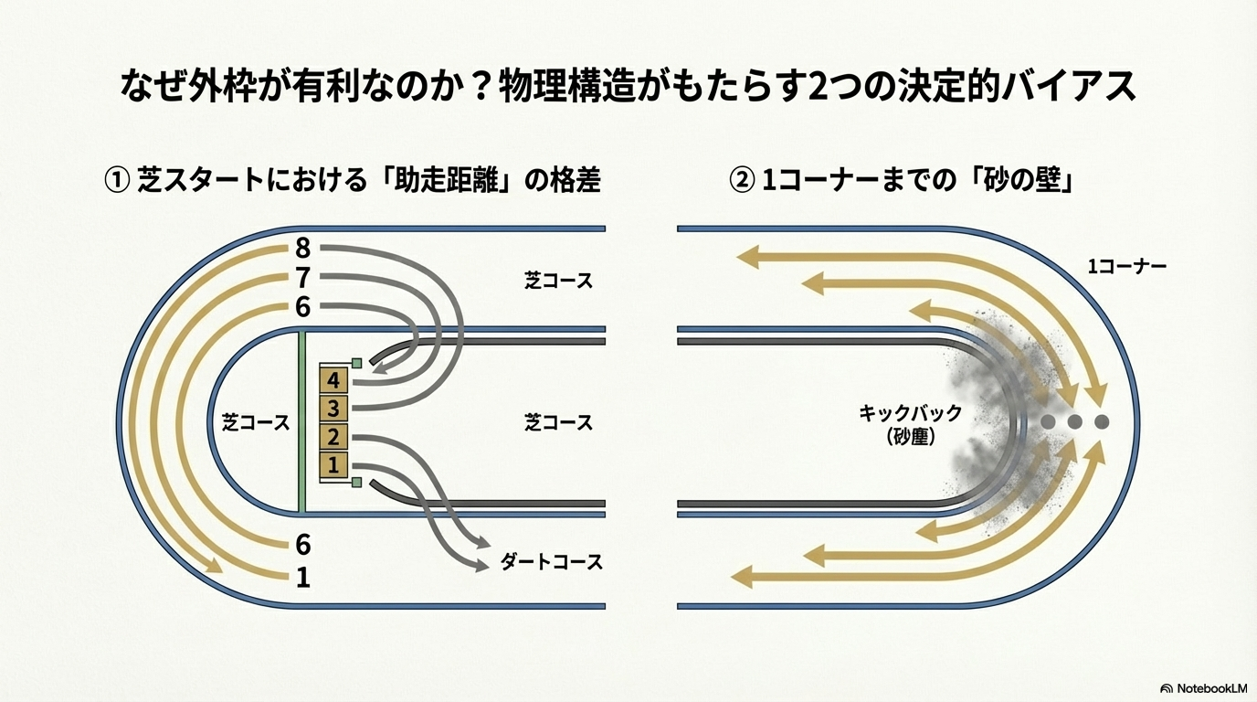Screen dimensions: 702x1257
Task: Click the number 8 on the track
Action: (x=303, y=248)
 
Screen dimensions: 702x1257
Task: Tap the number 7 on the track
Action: (x=303, y=278)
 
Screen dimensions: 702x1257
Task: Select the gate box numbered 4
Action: (x=333, y=380)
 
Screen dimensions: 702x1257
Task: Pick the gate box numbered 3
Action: (x=333, y=408)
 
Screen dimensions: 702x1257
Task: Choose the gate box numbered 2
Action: (x=333, y=437)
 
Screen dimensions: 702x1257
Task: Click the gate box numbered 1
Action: (x=333, y=465)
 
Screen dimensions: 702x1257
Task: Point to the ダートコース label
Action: (x=552, y=562)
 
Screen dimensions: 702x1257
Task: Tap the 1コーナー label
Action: (x=1126, y=267)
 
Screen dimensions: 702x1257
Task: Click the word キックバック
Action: (x=910, y=413)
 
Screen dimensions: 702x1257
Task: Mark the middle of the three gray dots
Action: (x=1075, y=422)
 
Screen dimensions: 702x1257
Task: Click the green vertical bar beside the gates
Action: (x=301, y=422)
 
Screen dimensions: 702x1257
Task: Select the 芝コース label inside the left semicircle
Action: (x=256, y=423)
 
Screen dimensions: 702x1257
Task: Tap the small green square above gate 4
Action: (x=357, y=364)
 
